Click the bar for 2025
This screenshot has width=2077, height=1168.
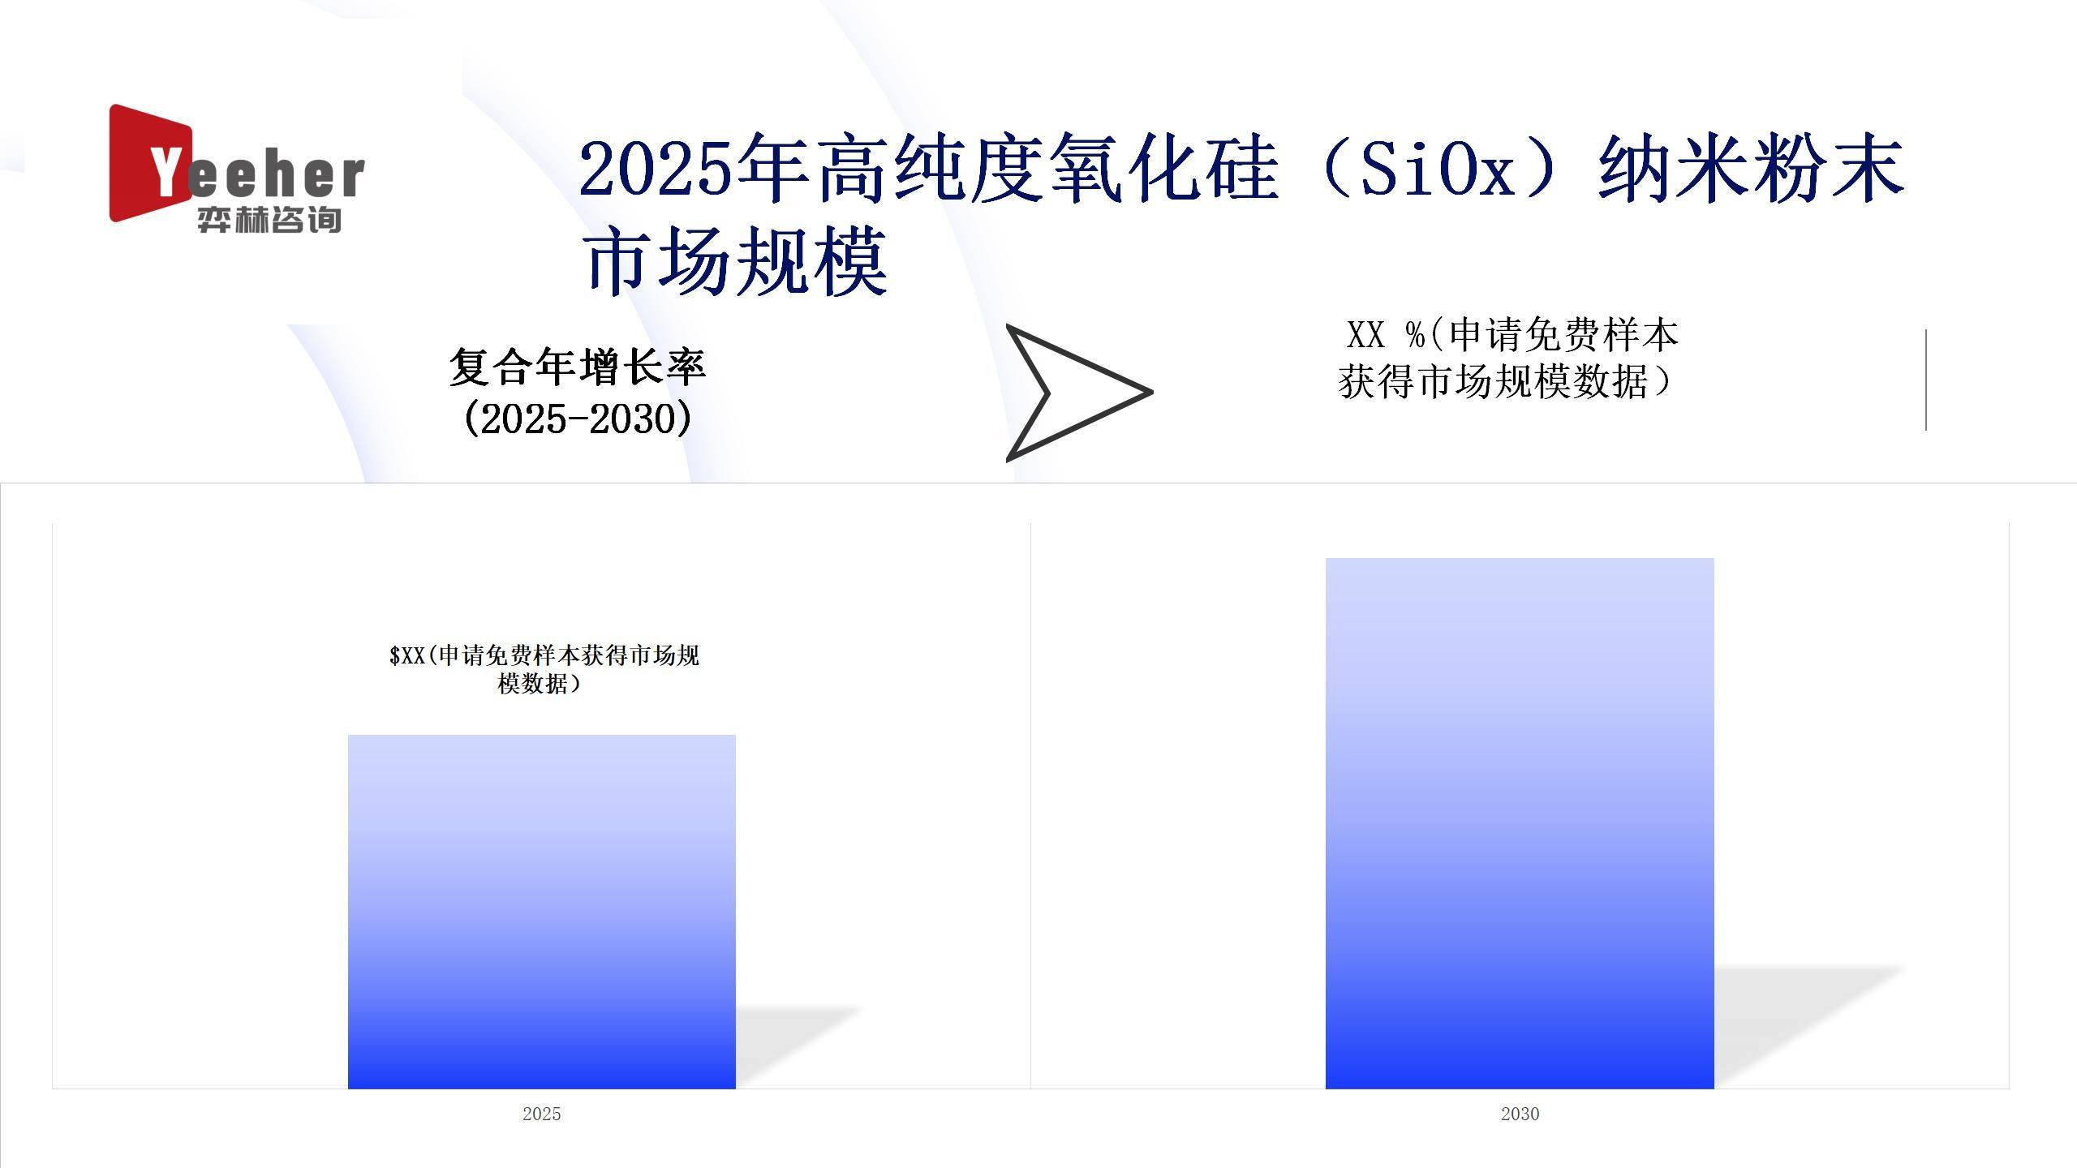[541, 912]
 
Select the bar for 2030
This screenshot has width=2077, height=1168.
[1520, 823]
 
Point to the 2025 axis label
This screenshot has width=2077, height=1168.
[541, 1114]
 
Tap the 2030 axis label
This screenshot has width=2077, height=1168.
[1520, 1114]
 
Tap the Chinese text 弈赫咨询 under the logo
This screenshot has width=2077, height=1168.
[269, 220]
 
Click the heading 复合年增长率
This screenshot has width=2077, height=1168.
[578, 367]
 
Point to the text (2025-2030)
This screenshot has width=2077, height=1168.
[578, 419]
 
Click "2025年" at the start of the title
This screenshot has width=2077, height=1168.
[694, 169]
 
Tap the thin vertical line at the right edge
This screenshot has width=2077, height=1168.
[1925, 380]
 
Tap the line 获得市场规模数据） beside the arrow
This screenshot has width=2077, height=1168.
[1505, 381]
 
